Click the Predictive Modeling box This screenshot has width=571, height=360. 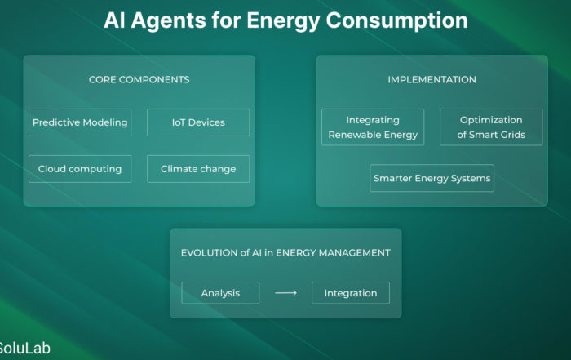(80, 122)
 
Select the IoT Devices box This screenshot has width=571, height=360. (198, 122)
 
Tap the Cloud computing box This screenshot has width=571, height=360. (80, 169)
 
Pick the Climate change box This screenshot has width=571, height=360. (198, 169)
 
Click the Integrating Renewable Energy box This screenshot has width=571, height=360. (373, 127)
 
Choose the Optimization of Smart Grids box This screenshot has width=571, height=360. (491, 127)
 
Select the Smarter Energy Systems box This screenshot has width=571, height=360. (432, 178)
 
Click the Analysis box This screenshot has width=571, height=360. (220, 293)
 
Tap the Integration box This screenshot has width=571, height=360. (351, 293)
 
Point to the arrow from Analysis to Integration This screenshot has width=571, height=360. (285, 293)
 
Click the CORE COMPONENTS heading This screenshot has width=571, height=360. (139, 80)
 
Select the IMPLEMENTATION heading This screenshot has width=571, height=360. (432, 80)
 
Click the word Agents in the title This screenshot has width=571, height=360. (168, 20)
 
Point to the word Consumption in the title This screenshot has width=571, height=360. (397, 20)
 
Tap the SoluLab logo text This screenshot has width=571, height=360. (24, 349)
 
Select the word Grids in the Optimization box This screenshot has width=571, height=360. (513, 135)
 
